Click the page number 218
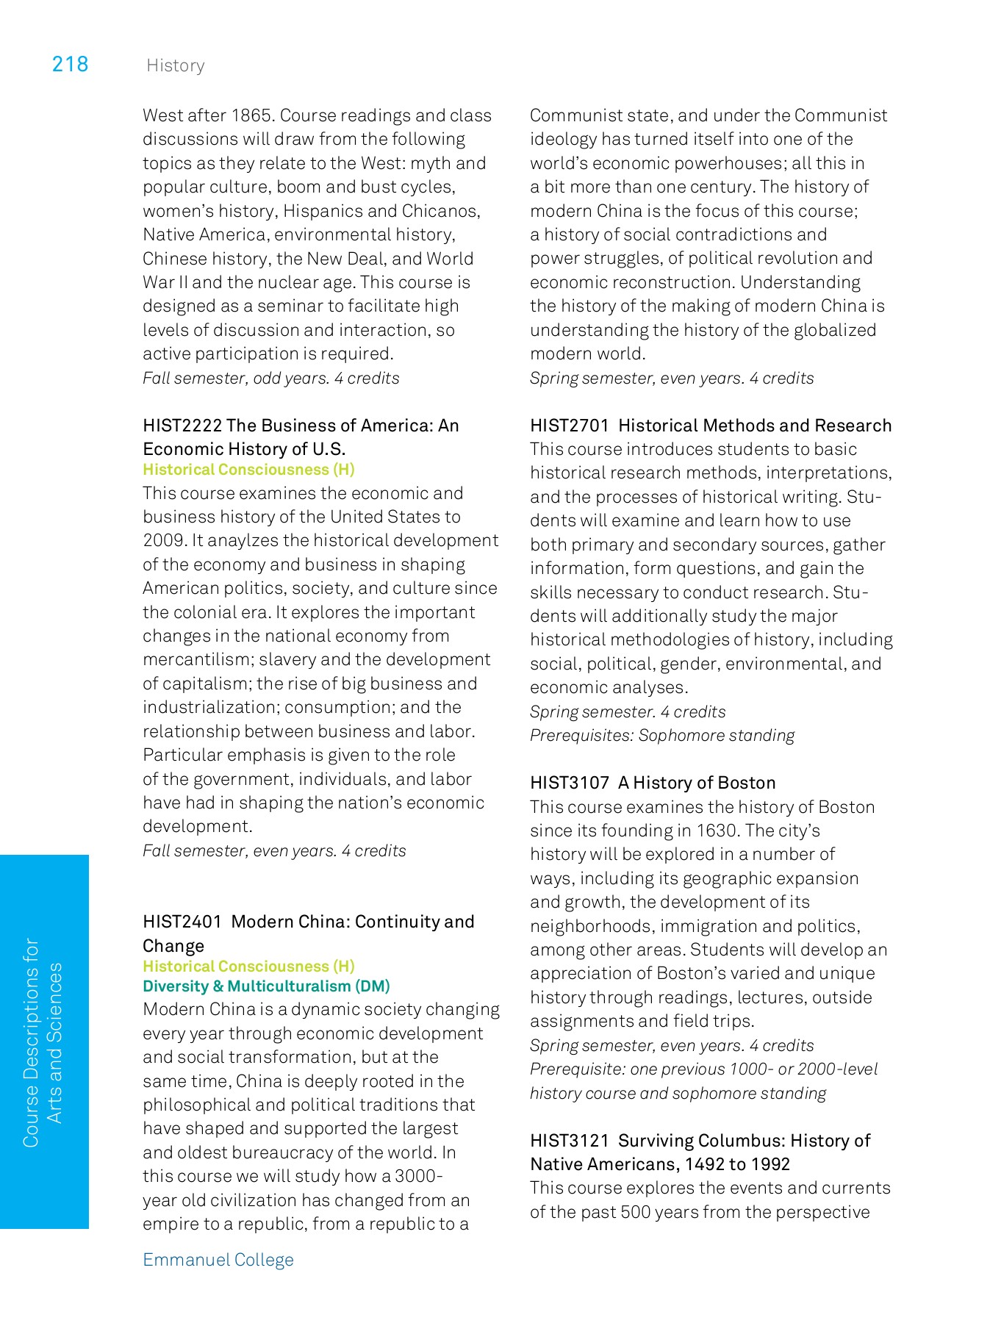[70, 65]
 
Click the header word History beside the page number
[175, 66]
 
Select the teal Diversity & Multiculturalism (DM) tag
[266, 986]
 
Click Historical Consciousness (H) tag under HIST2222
[248, 470]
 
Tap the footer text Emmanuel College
[218, 1260]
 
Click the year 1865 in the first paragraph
[252, 116]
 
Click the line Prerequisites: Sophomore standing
[661, 736]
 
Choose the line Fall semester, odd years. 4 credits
[270, 379]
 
